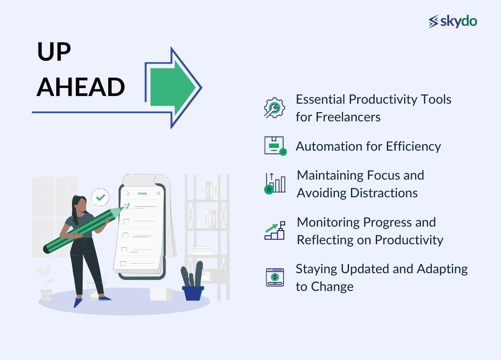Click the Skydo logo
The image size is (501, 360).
click(x=453, y=21)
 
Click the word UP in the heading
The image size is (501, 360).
click(x=54, y=52)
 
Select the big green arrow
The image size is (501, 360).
click(x=173, y=88)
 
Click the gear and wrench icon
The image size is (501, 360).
click(x=274, y=108)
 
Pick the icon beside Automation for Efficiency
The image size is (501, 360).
click(x=275, y=146)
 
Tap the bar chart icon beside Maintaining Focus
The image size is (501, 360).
click(x=275, y=184)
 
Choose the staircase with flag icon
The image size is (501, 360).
click(x=275, y=230)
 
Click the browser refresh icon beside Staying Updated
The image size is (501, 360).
click(x=275, y=277)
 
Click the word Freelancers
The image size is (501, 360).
click(x=348, y=117)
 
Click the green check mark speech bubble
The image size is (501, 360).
click(x=101, y=197)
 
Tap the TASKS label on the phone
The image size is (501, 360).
click(x=142, y=194)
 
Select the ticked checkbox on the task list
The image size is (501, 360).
click(x=127, y=207)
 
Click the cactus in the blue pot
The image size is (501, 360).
click(x=192, y=275)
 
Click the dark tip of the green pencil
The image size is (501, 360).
click(x=46, y=250)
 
